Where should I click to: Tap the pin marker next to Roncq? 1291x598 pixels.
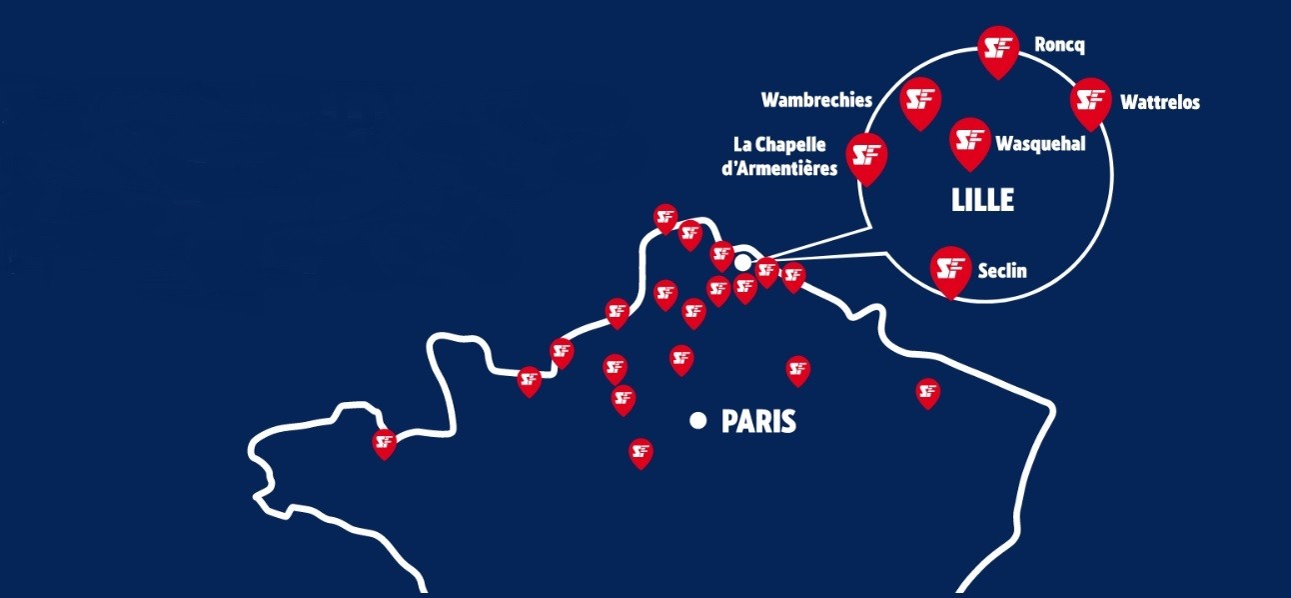[996, 48]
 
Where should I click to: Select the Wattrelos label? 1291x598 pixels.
[1160, 102]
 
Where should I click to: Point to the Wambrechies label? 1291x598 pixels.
[816, 100]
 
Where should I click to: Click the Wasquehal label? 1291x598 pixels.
[1039, 143]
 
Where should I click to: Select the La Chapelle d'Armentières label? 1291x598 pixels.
[779, 158]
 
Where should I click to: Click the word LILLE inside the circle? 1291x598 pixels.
[982, 200]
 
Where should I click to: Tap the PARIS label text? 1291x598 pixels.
[758, 422]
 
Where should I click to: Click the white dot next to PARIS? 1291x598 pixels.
[698, 421]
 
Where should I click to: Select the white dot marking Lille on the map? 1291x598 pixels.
[742, 262]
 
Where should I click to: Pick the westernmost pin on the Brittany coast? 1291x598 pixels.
[385, 441]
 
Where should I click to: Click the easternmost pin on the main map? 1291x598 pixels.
[928, 391]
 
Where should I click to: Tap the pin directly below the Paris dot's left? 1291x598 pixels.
[642, 452]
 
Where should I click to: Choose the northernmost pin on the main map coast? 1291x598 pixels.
[665, 217]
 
